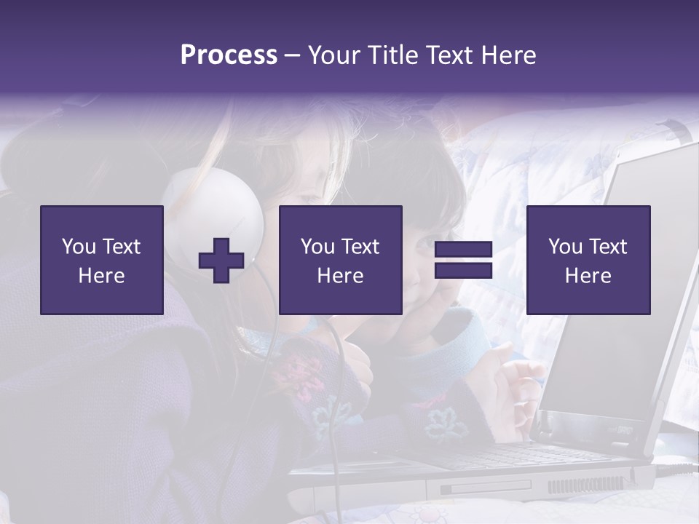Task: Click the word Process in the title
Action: (x=229, y=55)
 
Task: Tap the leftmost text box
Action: (x=101, y=260)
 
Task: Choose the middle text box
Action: (x=340, y=260)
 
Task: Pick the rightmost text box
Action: (x=588, y=260)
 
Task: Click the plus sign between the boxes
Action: (x=221, y=261)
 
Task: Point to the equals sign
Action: (x=463, y=260)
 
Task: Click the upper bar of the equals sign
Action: (x=463, y=250)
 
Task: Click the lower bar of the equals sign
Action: (x=463, y=270)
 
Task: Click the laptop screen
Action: (x=626, y=291)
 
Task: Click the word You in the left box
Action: (x=79, y=247)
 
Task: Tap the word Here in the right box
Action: (x=588, y=275)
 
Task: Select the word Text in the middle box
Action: (x=360, y=247)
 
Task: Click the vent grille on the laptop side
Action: (x=586, y=484)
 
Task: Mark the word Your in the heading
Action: (x=334, y=55)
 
